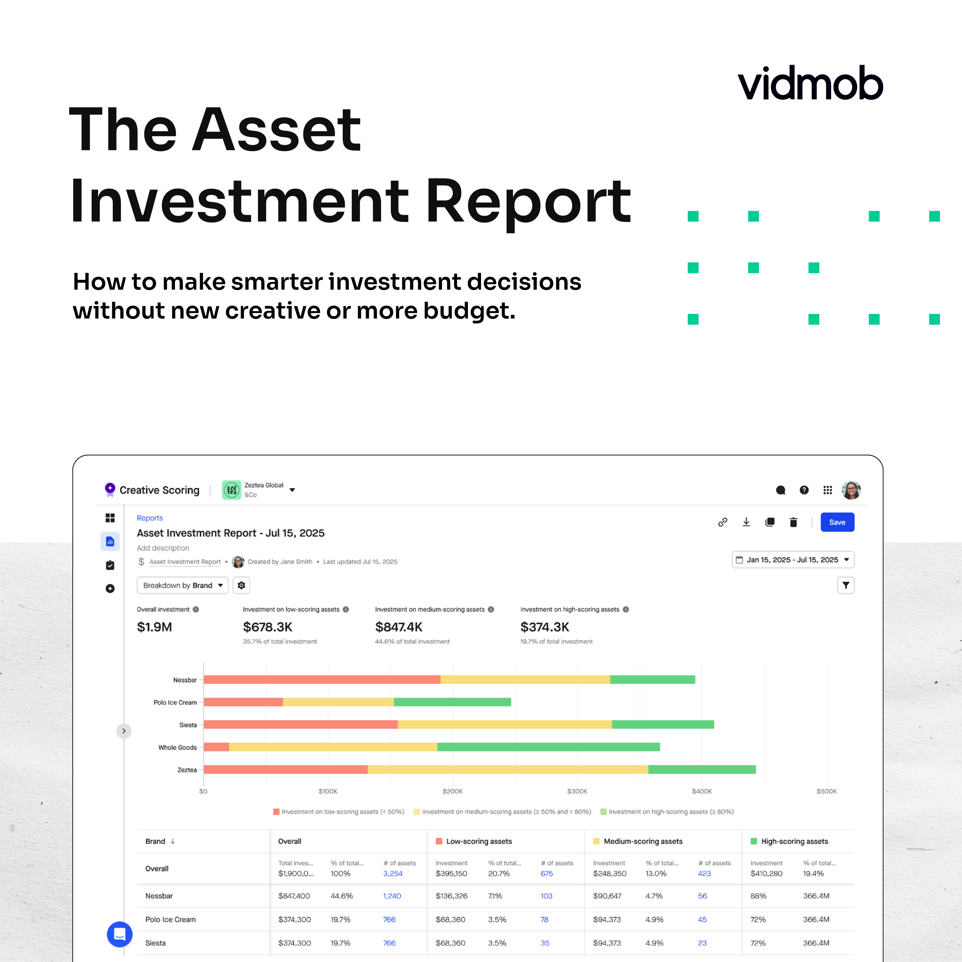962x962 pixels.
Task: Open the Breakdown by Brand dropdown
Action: coord(182,585)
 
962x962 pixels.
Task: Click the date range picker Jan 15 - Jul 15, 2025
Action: coord(793,560)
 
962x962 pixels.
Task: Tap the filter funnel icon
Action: coord(845,585)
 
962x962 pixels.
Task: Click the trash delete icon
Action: coord(793,522)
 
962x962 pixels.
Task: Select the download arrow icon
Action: coord(746,522)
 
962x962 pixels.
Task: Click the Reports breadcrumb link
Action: coord(150,518)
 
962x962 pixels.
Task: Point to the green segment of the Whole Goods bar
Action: coord(548,747)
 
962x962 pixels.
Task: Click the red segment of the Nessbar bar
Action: coord(322,680)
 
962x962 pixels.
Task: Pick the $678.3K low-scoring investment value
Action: coord(267,627)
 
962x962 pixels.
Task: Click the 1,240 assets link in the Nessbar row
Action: coord(392,896)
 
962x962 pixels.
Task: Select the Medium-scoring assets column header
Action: coord(643,841)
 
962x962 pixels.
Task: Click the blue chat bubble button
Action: coord(119,934)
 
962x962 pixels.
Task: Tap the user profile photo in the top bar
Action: coord(851,490)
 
